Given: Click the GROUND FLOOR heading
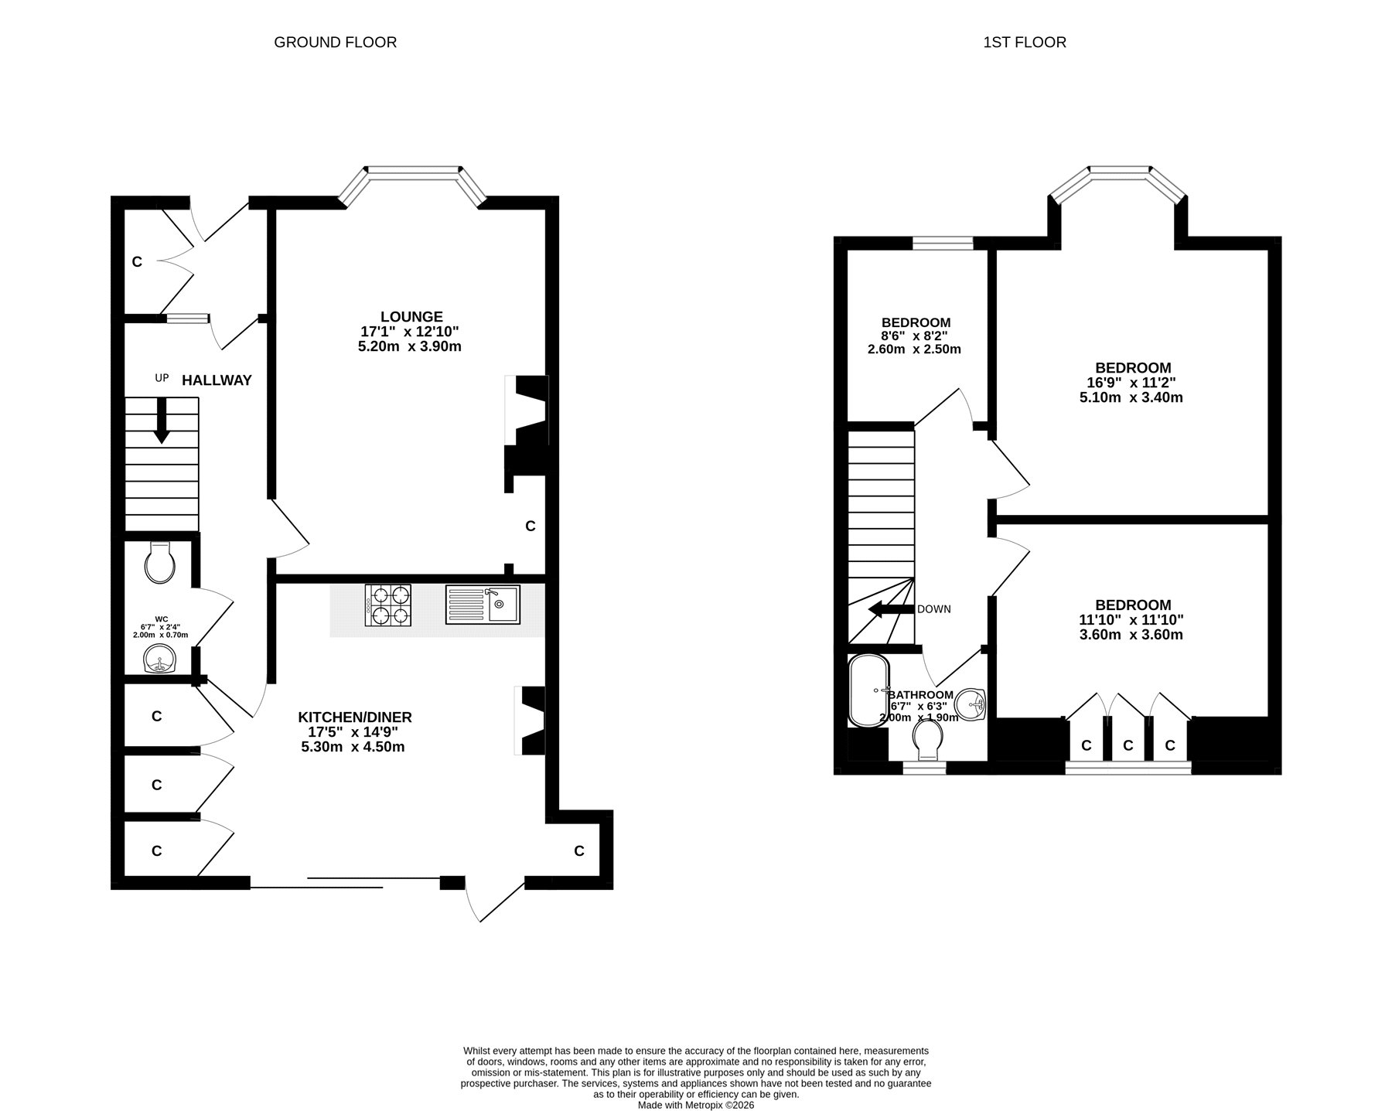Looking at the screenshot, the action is [336, 43].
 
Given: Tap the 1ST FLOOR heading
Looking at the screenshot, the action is [1025, 43].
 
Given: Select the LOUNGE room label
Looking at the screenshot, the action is [411, 317].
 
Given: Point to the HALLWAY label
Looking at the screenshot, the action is [217, 380].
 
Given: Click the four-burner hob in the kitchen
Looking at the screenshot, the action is [388, 605].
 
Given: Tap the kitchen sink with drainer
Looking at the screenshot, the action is [483, 604].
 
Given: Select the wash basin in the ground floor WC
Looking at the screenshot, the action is [161, 659].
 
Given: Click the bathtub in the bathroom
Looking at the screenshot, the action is [868, 691].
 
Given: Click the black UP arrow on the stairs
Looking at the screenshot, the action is [162, 421].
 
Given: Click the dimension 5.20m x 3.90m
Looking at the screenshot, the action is [410, 346].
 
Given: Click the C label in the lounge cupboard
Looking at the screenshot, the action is [531, 526].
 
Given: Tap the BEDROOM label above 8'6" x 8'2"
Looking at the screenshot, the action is [916, 322].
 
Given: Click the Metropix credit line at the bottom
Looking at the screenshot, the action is [696, 1106].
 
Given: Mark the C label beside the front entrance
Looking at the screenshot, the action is [137, 262].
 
